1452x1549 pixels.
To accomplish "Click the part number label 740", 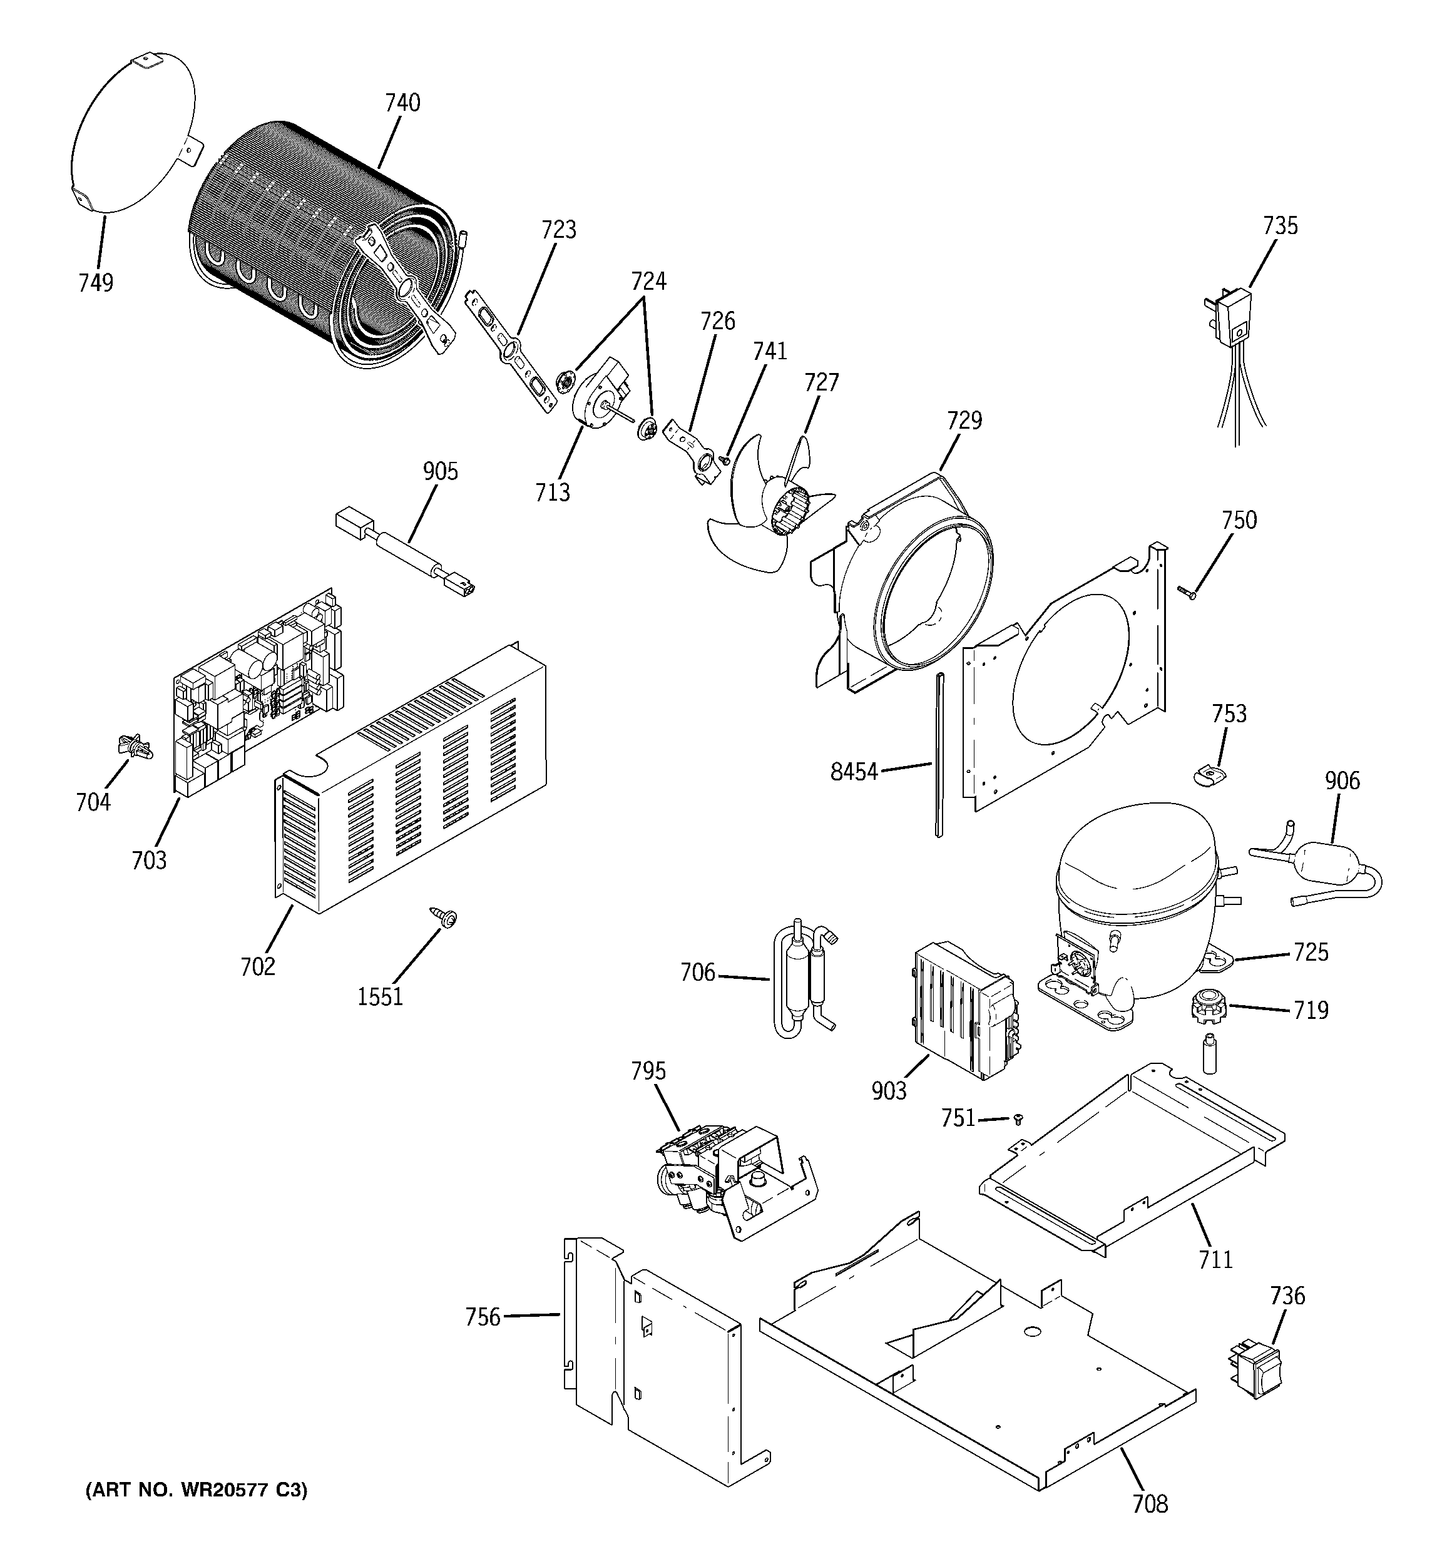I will (x=402, y=103).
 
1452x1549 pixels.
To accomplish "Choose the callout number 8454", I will (x=854, y=772).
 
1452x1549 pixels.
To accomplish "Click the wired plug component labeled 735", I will (x=1232, y=319).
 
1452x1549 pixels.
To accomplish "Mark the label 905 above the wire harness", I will (x=441, y=471).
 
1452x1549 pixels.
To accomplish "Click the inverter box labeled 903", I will (x=963, y=1009).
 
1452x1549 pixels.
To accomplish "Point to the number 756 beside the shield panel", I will (x=483, y=1317).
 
